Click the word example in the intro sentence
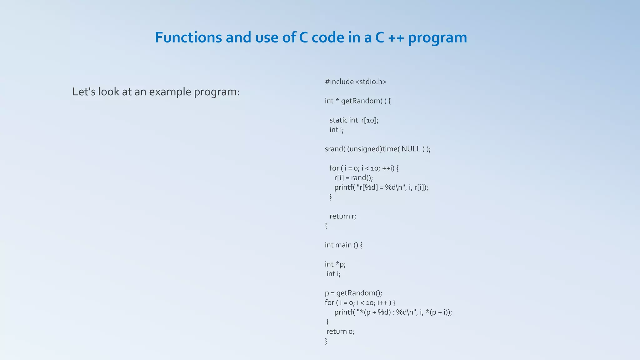pyautogui.click(x=170, y=92)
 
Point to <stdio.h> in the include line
pyautogui.click(x=371, y=82)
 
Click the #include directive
pyautogui.click(x=339, y=82)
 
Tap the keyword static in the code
pyautogui.click(x=338, y=120)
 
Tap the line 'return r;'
pyautogui.click(x=343, y=216)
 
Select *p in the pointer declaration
pyautogui.click(x=340, y=264)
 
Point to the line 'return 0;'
pyautogui.click(x=340, y=332)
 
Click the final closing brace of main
pyautogui.click(x=326, y=341)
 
